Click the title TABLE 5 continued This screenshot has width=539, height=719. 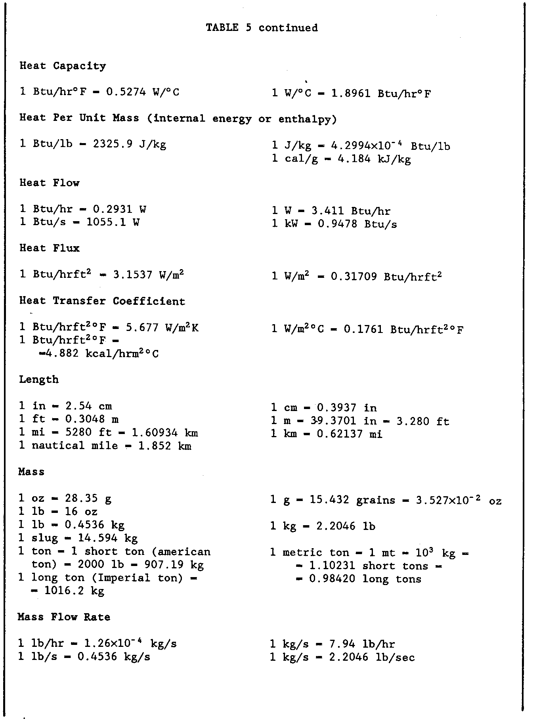[x=262, y=28]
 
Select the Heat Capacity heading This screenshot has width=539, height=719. [x=63, y=66]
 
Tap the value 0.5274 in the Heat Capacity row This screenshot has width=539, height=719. [x=126, y=92]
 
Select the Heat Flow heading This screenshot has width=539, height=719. [x=49, y=183]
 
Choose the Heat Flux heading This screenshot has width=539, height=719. [x=49, y=249]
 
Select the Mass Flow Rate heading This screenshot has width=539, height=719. [x=64, y=617]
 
